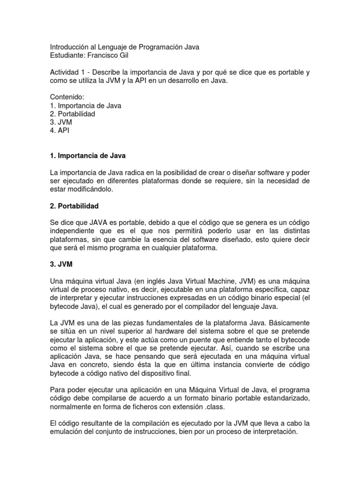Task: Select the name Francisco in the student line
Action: click(x=101, y=56)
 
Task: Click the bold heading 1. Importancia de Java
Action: click(x=88, y=155)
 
